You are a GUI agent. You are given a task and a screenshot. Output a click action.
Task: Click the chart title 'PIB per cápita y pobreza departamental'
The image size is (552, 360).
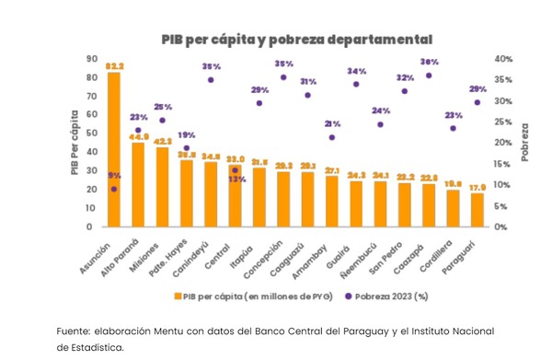[x=296, y=40]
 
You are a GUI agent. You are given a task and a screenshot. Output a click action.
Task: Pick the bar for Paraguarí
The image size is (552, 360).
[x=477, y=210]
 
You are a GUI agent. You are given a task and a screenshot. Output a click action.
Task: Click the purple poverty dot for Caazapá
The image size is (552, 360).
[x=429, y=75]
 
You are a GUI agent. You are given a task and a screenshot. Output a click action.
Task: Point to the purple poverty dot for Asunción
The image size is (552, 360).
[x=114, y=189]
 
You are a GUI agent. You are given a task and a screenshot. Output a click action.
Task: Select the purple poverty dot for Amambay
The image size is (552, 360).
[x=332, y=138]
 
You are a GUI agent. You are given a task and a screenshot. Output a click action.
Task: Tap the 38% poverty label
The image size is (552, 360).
[x=429, y=62]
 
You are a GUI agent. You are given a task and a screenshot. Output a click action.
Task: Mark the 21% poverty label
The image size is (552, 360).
[x=332, y=123]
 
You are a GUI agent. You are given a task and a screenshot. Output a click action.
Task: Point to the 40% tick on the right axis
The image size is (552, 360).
[x=503, y=58]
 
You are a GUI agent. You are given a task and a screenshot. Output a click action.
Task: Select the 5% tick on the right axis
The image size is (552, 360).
[x=501, y=205]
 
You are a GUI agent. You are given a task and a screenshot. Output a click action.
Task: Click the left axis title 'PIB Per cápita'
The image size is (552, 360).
[x=75, y=141]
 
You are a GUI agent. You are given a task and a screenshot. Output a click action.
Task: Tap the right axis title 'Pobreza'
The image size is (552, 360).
[x=524, y=141]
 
